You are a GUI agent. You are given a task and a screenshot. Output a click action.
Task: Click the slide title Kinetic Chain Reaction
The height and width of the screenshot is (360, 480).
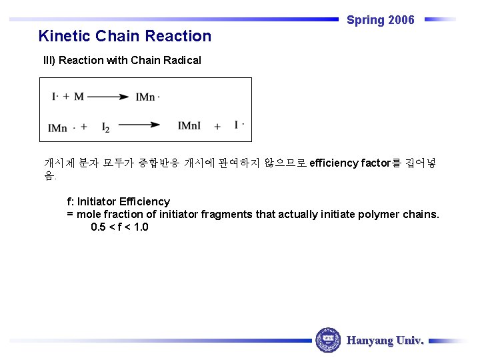125,36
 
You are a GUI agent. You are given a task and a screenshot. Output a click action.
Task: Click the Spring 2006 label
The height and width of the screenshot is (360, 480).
380,20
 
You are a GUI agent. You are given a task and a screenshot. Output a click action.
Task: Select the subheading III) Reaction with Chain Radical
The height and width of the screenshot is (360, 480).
122,61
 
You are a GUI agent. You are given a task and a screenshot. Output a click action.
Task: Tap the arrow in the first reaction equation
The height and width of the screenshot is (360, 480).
107,97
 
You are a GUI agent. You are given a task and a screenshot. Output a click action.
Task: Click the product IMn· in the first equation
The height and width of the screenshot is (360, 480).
147,97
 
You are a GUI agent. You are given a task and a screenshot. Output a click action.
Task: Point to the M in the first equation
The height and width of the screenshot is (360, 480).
79,97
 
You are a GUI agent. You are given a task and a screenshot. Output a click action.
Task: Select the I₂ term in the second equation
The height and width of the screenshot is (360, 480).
105,127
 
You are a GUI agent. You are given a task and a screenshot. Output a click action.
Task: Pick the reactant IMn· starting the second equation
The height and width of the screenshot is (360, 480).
59,127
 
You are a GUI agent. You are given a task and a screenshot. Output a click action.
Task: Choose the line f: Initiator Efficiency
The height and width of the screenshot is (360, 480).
118,201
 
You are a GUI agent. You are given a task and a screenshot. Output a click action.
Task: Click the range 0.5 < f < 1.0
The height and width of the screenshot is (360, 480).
119,227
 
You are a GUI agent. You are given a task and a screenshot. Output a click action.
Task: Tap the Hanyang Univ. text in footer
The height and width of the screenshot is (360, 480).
385,341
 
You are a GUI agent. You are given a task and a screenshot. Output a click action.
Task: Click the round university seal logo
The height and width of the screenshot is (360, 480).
327,340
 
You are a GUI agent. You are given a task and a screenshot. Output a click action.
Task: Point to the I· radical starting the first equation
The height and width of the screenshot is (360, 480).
56,97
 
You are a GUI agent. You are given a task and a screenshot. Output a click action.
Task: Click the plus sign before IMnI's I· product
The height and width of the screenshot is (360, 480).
217,126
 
